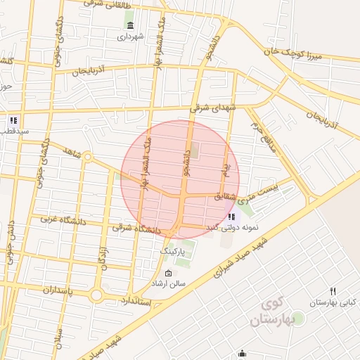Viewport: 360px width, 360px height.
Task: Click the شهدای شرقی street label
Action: coord(214,107)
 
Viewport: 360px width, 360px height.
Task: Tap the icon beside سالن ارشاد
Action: coord(167,273)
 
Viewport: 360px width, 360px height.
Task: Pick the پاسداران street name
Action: coord(47,288)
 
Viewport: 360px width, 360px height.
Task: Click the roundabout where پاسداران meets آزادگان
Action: coord(96,293)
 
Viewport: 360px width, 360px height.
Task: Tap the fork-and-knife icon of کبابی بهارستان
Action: coord(333,290)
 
